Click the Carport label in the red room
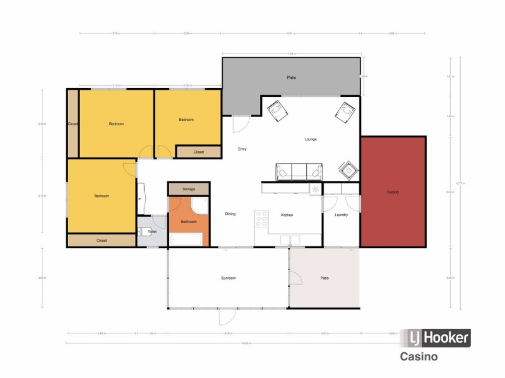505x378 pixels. click(393, 192)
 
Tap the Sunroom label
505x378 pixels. click(228, 278)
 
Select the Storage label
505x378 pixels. click(189, 189)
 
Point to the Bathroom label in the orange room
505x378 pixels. click(189, 222)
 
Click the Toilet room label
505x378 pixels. click(151, 232)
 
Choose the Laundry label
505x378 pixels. click(342, 215)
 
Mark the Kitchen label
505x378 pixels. click(287, 215)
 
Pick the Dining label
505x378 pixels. click(230, 214)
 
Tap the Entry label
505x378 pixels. click(242, 149)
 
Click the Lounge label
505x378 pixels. click(311, 139)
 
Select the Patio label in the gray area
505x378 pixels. click(291, 78)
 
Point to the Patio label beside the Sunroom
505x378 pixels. click(324, 278)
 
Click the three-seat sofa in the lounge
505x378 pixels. click(299, 171)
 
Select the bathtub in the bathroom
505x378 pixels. click(186, 239)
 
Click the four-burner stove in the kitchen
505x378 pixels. click(261, 218)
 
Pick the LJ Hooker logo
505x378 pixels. click(437, 338)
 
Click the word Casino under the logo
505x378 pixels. click(419, 357)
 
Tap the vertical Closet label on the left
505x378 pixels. click(73, 124)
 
